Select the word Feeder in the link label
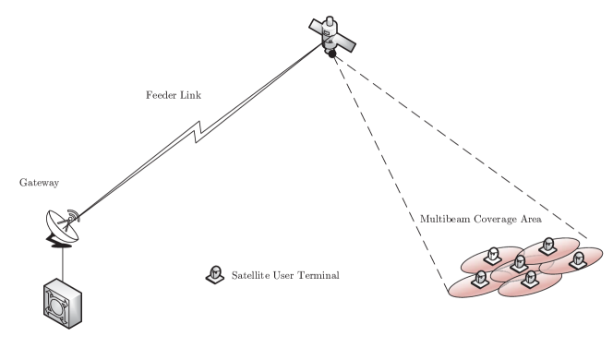click(161, 95)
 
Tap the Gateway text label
click(40, 183)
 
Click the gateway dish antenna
click(61, 224)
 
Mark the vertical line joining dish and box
click(63, 263)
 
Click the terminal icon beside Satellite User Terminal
click(215, 274)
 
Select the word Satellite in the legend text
click(249, 275)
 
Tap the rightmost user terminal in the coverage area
click(577, 259)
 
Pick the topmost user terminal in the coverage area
click(547, 245)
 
